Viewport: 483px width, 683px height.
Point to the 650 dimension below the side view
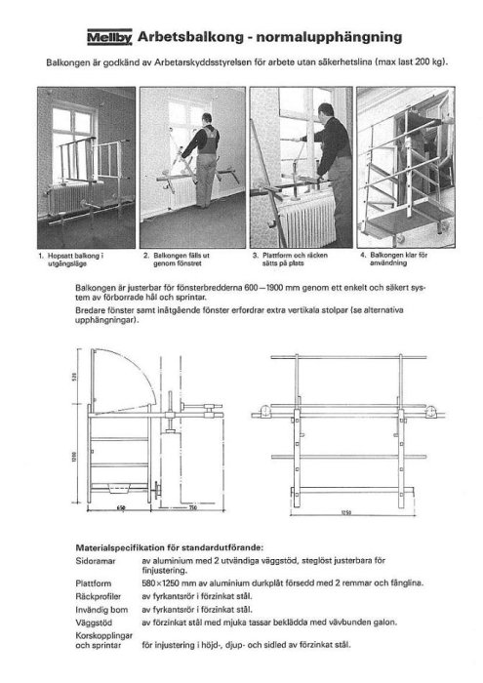[x=120, y=508]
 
